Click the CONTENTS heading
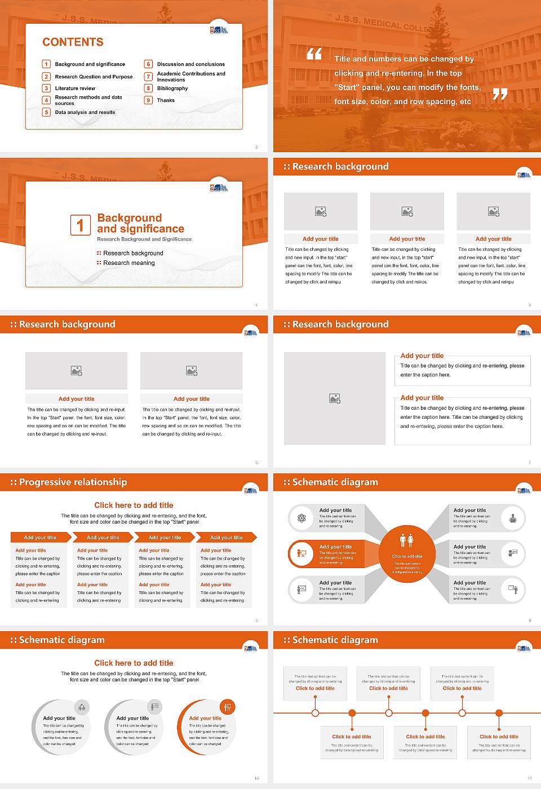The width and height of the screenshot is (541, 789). click(73, 42)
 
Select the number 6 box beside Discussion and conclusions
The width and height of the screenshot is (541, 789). click(149, 64)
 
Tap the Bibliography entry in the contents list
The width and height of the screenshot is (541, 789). click(172, 88)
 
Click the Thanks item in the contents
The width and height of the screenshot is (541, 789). click(166, 100)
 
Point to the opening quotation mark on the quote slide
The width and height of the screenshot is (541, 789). click(314, 54)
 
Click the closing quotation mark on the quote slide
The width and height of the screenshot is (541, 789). click(500, 94)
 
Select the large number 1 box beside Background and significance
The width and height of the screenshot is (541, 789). click(80, 225)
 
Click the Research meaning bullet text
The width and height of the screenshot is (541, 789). click(128, 263)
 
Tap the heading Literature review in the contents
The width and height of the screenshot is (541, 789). click(75, 88)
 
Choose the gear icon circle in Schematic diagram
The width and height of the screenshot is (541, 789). click(301, 518)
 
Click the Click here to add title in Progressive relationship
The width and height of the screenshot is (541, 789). click(134, 506)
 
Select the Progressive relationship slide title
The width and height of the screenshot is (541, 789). click(73, 482)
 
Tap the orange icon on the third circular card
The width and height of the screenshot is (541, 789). click(228, 707)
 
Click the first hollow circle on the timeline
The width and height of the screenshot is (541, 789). click(315, 713)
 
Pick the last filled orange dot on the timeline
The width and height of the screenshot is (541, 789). click(499, 713)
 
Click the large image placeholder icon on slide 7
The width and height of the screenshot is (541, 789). click(335, 399)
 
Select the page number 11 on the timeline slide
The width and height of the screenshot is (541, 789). click(529, 778)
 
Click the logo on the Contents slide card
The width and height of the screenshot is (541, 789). click(219, 29)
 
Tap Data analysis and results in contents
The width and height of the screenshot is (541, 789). click(85, 113)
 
